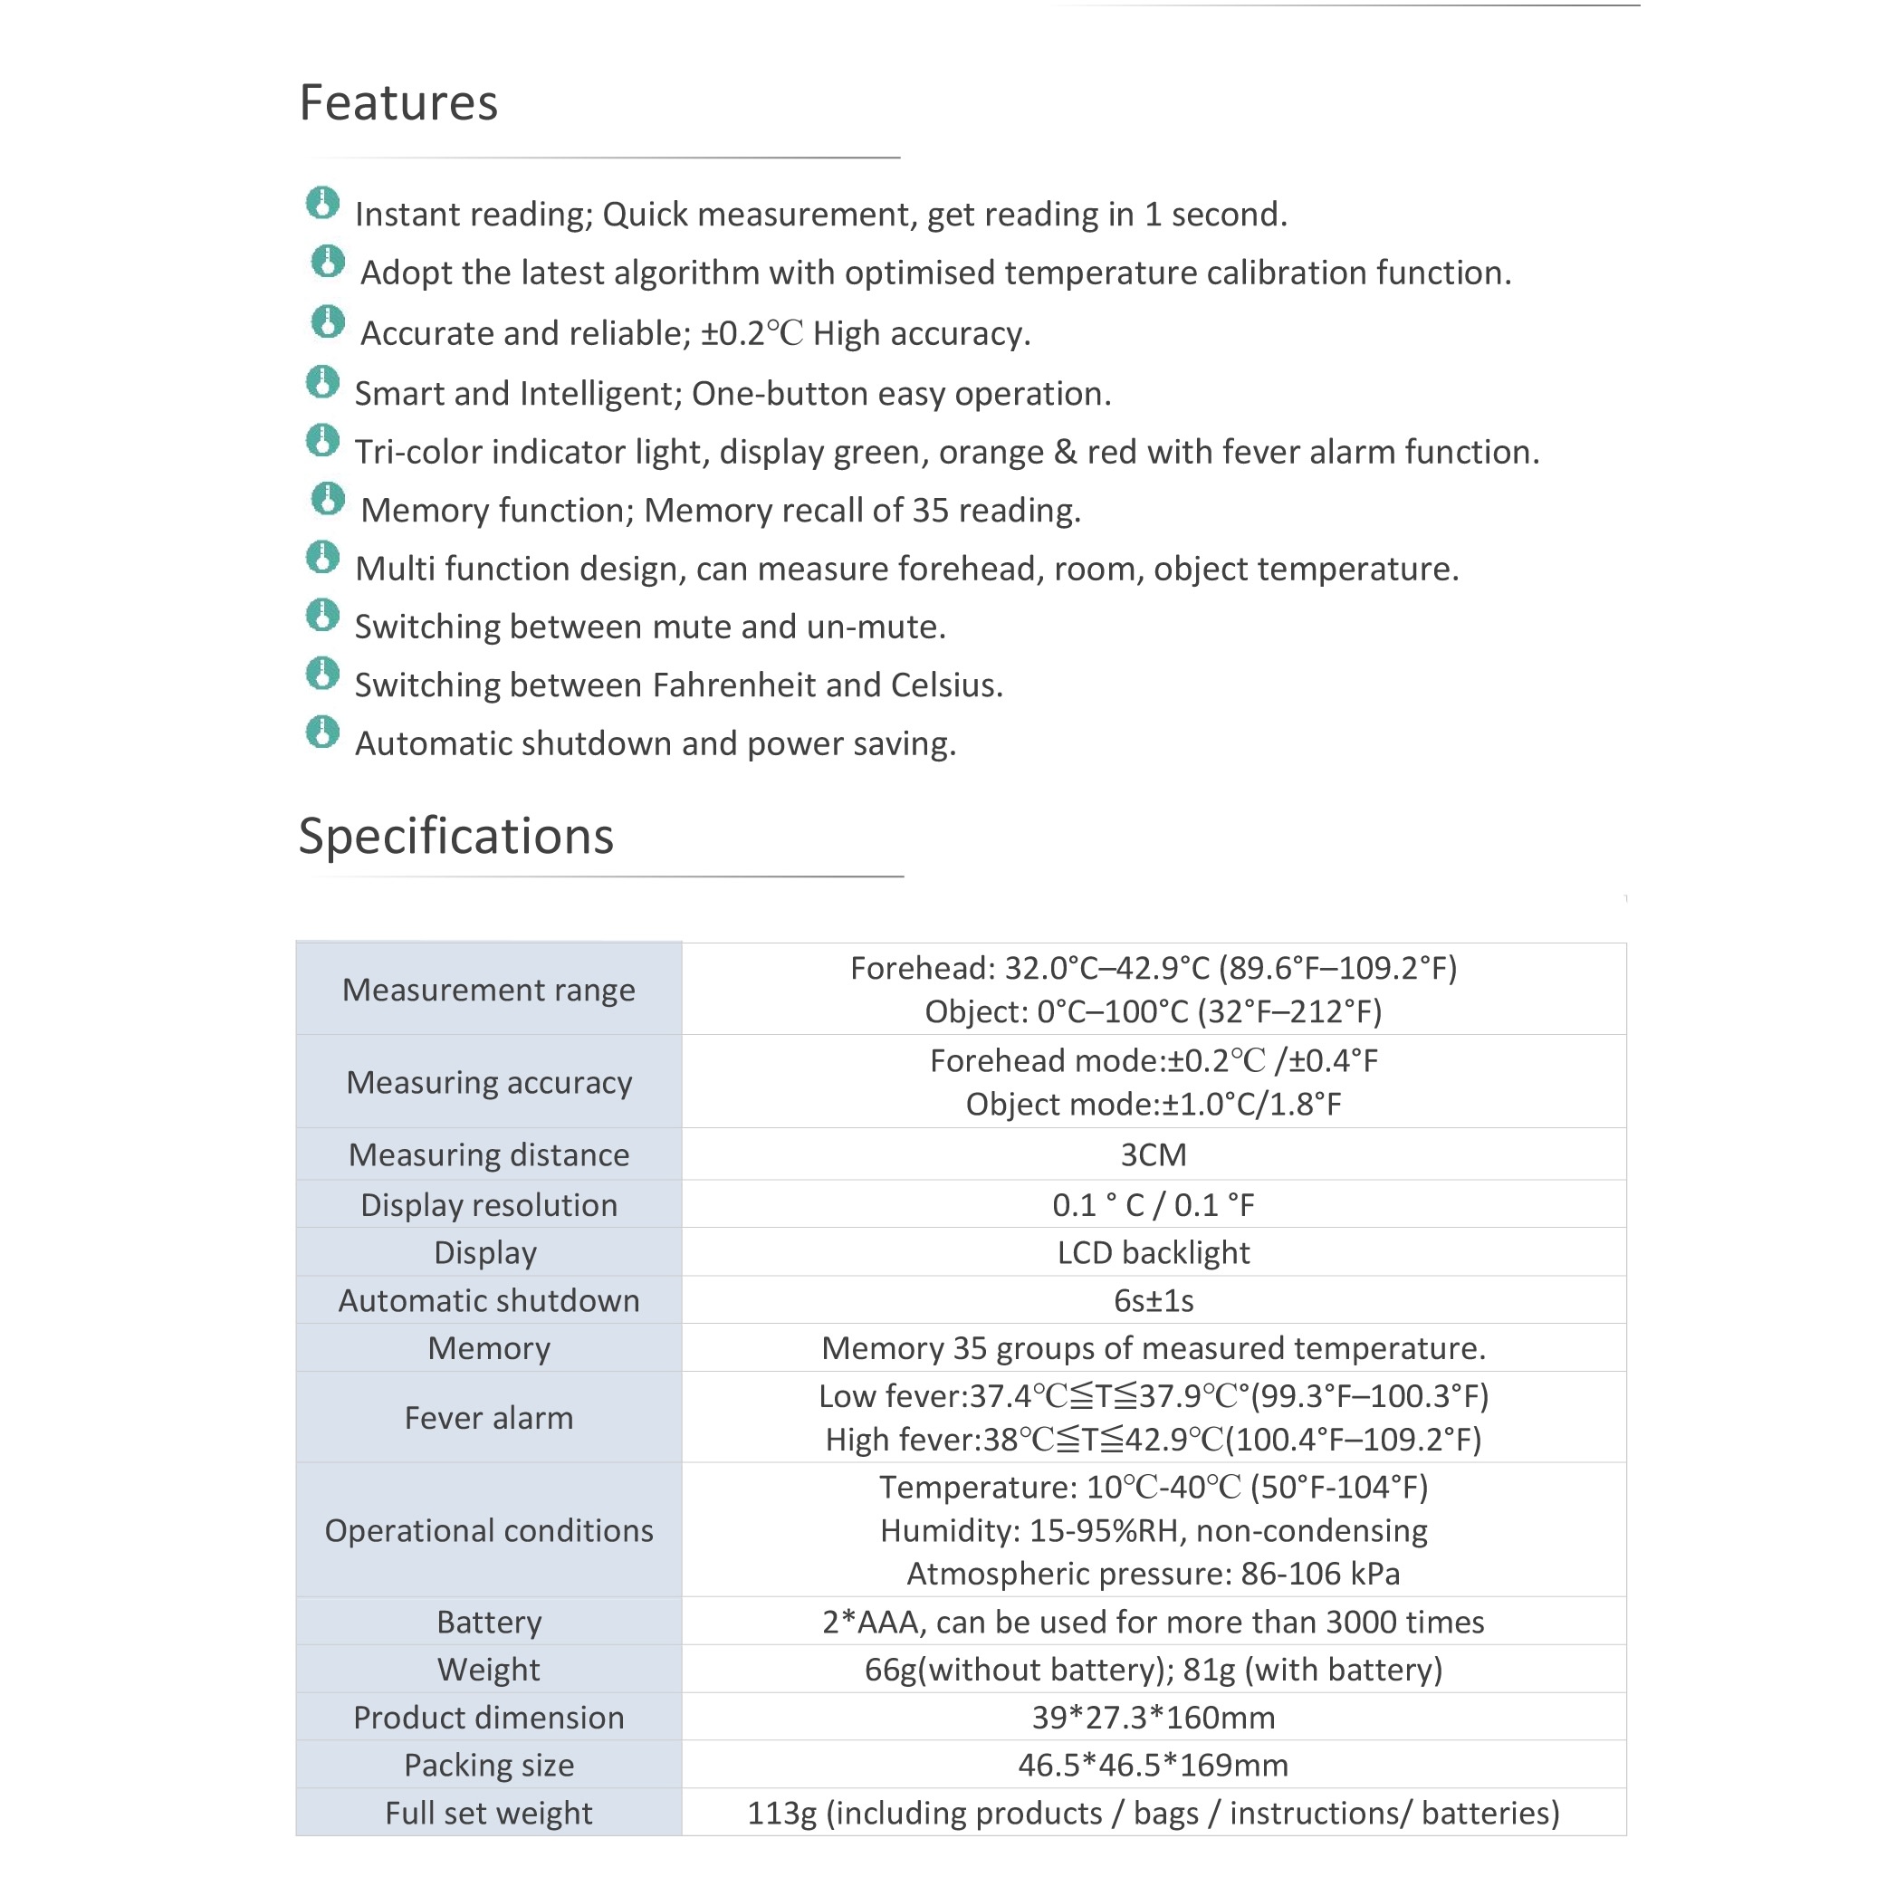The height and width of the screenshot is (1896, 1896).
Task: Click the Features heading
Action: point(398,103)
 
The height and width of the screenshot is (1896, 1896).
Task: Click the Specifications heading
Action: point(455,836)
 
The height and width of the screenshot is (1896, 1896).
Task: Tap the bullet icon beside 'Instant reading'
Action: point(322,203)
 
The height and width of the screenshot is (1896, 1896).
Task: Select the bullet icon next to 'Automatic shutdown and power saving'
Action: point(322,733)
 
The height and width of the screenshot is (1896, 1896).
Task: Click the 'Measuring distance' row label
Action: point(489,1155)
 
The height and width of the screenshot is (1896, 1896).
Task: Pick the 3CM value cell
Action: point(1154,1155)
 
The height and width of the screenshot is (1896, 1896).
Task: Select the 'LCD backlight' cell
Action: point(1154,1253)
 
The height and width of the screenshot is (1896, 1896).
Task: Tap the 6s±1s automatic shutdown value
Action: point(1154,1301)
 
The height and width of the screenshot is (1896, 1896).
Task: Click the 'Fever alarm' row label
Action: point(489,1418)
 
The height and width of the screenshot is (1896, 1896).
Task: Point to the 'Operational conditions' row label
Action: point(489,1531)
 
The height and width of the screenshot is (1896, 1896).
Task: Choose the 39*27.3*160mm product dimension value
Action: point(1154,1719)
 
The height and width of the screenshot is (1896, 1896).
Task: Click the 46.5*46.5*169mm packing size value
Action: point(1154,1766)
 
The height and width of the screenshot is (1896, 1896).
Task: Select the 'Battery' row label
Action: point(489,1623)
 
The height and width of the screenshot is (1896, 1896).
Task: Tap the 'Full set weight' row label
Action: point(489,1814)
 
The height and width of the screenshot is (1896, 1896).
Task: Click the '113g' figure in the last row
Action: point(781,1814)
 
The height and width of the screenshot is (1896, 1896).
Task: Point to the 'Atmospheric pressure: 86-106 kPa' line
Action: point(1154,1574)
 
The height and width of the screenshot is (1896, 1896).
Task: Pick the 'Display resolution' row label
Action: point(489,1205)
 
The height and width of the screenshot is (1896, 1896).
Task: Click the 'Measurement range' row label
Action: point(489,991)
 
